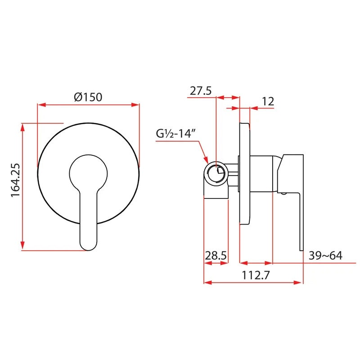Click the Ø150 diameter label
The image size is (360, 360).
pos(88,97)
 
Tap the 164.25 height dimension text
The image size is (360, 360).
pos(16,180)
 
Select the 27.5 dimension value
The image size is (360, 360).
pos(201,91)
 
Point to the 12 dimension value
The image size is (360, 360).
pos(268,102)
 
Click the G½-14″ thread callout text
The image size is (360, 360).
pos(175,133)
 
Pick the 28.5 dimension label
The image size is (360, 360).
pos(216,256)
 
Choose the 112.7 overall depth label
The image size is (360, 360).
pos(256,275)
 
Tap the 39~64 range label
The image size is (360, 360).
pos(325,256)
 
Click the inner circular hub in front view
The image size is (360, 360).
pos(88,173)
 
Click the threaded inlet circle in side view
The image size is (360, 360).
pos(216,173)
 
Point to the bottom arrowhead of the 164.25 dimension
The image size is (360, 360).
pos(22,246)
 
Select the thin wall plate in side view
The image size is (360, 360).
pos(244,173)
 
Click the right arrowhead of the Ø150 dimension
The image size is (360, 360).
pos(135,105)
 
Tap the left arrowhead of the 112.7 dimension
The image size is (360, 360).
pos(208,283)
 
